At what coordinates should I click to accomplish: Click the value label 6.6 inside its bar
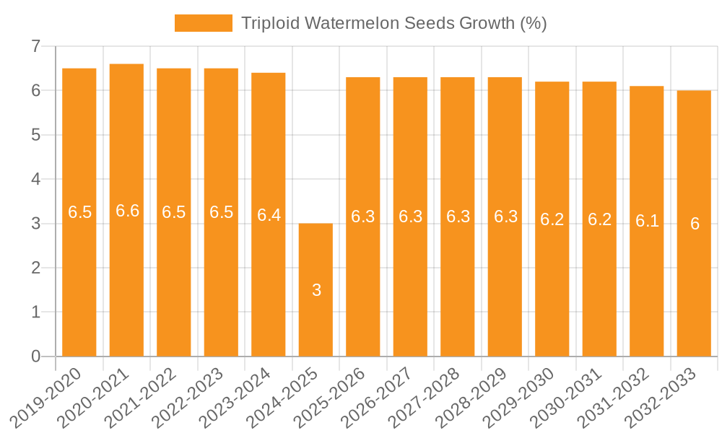pos(127,211)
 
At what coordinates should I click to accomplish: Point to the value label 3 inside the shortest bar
pos(316,290)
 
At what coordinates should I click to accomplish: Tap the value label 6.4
pos(269,215)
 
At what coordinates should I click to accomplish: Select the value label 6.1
pos(647,221)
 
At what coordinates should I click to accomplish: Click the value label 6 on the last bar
pos(695,224)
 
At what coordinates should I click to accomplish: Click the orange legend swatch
pos(203,23)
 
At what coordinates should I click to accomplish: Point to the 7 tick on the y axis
pos(35,47)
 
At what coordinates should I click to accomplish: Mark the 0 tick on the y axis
pos(35,357)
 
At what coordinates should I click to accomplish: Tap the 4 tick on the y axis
pos(35,179)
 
